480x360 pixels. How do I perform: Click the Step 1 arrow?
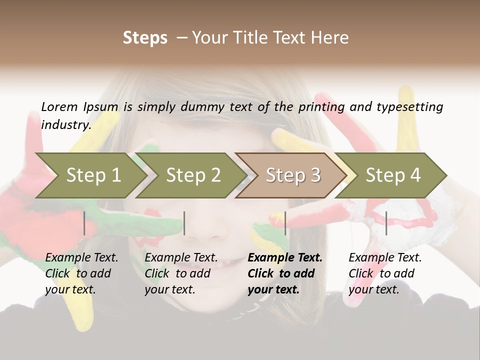[92, 175]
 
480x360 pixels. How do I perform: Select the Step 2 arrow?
[192, 175]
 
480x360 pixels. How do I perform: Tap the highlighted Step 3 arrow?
[292, 175]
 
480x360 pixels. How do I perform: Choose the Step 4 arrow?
[392, 175]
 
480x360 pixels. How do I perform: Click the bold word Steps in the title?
[145, 38]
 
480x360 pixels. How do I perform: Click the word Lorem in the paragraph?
[59, 106]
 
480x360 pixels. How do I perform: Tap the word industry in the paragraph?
[65, 124]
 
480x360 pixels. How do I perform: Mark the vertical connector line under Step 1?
[84, 223]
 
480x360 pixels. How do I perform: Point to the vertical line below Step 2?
[184, 223]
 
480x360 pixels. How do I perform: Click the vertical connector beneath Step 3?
[285, 223]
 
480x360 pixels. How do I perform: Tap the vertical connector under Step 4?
[386, 223]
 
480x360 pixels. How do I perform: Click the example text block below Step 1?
[81, 273]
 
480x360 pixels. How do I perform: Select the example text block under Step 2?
[181, 273]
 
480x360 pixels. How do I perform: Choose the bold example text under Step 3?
[285, 273]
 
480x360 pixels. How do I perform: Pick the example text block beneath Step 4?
[385, 273]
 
